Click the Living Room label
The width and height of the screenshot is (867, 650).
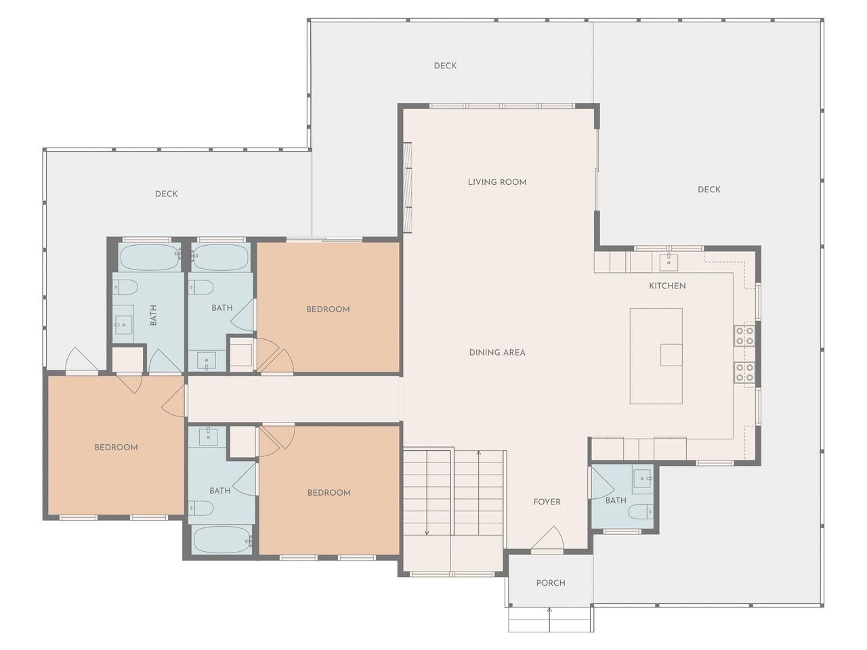(497, 182)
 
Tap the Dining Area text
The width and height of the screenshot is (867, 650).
(497, 353)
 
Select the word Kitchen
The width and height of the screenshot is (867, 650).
(667, 286)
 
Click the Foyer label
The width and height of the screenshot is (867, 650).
(547, 502)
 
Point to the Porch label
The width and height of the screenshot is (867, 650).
(551, 583)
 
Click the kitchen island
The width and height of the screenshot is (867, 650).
(656, 356)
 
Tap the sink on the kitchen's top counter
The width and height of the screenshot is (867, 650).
(669, 261)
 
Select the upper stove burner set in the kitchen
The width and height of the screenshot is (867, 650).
(744, 335)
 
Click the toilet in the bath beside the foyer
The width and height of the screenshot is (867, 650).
(640, 512)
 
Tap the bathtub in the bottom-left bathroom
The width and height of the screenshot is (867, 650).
(222, 540)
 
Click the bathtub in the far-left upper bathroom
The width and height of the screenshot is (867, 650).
(150, 257)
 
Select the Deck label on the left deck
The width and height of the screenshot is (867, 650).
(167, 194)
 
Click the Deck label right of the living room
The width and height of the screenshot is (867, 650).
(709, 190)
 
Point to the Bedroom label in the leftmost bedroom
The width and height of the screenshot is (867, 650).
(116, 447)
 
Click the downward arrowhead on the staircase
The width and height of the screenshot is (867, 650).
(427, 533)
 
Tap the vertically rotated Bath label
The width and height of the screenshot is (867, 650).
(153, 316)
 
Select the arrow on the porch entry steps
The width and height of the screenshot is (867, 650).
(549, 620)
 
